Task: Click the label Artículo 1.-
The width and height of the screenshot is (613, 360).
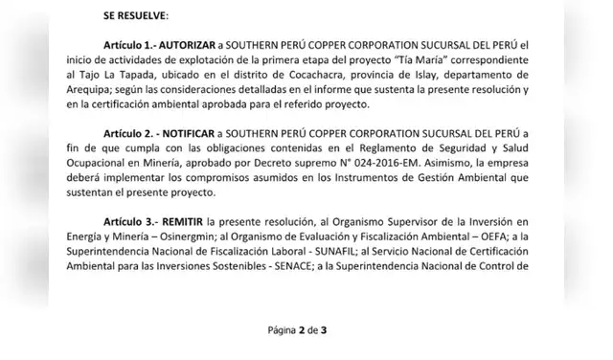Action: point(135,46)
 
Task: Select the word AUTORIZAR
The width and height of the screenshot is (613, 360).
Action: point(200,46)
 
